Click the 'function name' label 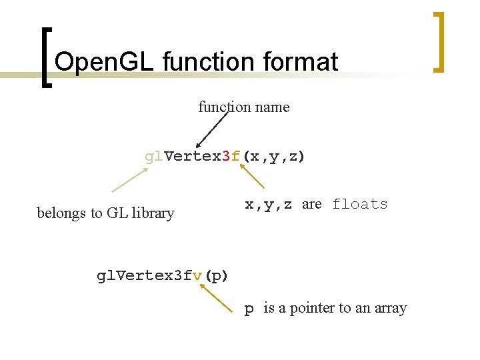pos(244,107)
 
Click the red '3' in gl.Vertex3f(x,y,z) pos(226,157)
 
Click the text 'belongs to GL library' pos(105,213)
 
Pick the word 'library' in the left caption pos(153,213)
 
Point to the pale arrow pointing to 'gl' pos(129,180)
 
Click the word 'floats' pos(360,204)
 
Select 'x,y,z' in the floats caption pos(269,205)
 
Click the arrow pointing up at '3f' pos(252,177)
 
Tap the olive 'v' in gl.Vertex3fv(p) pos(197,275)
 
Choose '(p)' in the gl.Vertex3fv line pos(216,276)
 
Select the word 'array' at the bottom pos(389,309)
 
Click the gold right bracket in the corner pos(439,41)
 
